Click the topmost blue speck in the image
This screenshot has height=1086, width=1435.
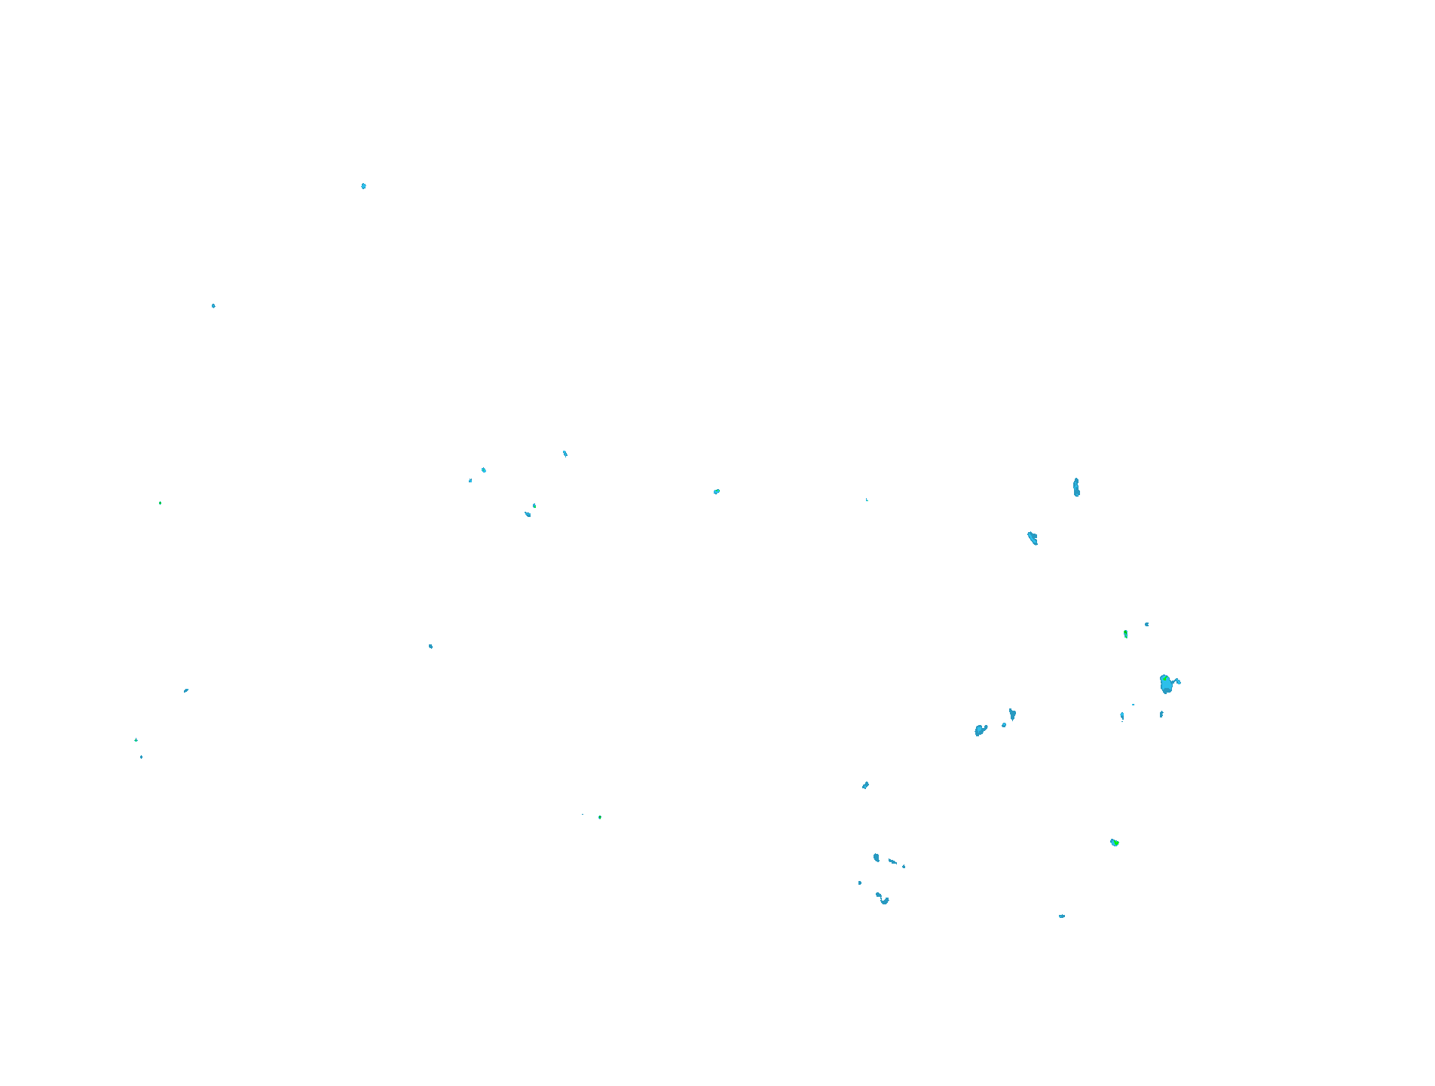pyautogui.click(x=363, y=185)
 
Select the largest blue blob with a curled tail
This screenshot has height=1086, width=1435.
pyautogui.click(x=1166, y=684)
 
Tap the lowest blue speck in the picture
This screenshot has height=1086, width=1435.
pyautogui.click(x=1061, y=916)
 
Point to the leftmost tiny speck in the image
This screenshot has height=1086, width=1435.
pyautogui.click(x=136, y=740)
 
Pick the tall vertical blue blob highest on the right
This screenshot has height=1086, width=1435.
pyautogui.click(x=1076, y=488)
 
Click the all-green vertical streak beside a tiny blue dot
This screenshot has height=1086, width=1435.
pyautogui.click(x=1125, y=634)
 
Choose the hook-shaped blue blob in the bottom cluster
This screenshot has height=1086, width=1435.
pyautogui.click(x=883, y=898)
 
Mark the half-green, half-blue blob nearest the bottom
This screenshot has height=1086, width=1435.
pyautogui.click(x=1114, y=842)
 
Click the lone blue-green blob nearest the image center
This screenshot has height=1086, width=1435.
pyautogui.click(x=716, y=491)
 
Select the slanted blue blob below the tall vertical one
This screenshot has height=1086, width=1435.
pyautogui.click(x=1033, y=537)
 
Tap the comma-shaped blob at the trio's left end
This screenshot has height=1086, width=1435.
pyautogui.click(x=980, y=730)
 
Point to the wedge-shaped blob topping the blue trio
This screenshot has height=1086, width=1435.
pyautogui.click(x=1012, y=713)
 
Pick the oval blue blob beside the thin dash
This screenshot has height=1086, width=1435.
pyautogui.click(x=876, y=858)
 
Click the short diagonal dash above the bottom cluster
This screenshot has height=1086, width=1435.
pyautogui.click(x=865, y=785)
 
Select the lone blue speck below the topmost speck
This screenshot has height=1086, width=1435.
pyautogui.click(x=213, y=306)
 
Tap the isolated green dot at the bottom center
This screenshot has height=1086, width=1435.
pyautogui.click(x=600, y=817)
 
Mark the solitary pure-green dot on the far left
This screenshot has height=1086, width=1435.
pyautogui.click(x=160, y=503)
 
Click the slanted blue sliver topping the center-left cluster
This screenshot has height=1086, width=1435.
pyautogui.click(x=565, y=454)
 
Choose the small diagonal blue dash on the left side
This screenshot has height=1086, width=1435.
pyautogui.click(x=185, y=690)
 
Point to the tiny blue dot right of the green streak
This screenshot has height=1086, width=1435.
pyautogui.click(x=1146, y=624)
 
